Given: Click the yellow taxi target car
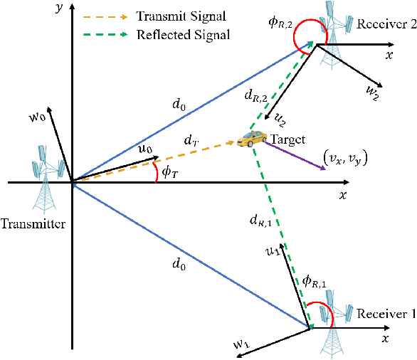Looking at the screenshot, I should [249, 139].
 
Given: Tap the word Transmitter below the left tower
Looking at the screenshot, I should [33, 224].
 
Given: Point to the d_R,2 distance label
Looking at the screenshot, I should [253, 93].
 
